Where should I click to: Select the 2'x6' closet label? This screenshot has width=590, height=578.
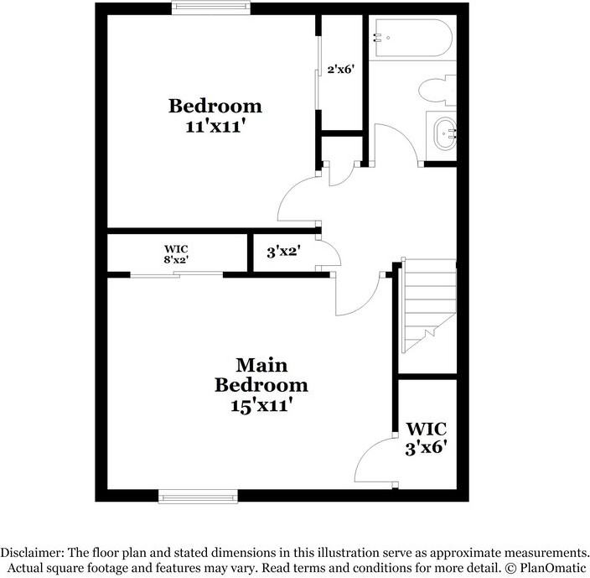[x=341, y=70]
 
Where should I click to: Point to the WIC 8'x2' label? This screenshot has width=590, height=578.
[x=175, y=254]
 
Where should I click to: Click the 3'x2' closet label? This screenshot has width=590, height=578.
[x=283, y=250]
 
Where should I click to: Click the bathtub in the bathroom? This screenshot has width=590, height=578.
[x=412, y=39]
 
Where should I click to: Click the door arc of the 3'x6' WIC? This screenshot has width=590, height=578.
[x=374, y=462]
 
